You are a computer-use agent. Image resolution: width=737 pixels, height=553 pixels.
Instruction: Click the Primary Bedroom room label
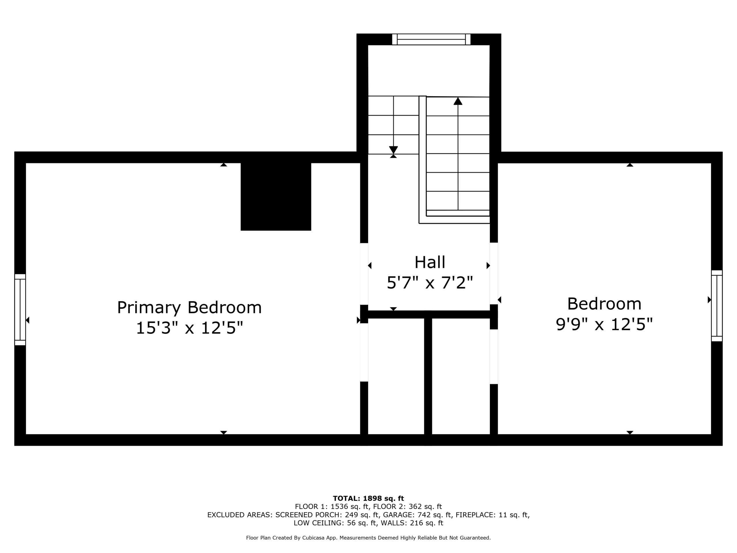tap(189, 308)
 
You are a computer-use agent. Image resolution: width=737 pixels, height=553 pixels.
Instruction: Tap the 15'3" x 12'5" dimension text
tap(189, 328)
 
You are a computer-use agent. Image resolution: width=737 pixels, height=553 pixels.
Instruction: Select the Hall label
tap(430, 262)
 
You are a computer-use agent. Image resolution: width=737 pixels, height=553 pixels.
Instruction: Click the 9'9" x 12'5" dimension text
tap(604, 324)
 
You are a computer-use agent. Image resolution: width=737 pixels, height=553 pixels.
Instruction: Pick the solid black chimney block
tap(276, 196)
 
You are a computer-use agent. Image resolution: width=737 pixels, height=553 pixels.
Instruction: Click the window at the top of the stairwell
tap(431, 39)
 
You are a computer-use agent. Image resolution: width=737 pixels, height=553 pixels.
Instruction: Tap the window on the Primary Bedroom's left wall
tap(20, 310)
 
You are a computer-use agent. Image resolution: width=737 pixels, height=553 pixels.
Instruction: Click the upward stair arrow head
tap(458, 101)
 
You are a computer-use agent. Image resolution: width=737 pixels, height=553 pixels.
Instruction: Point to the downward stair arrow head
tap(394, 150)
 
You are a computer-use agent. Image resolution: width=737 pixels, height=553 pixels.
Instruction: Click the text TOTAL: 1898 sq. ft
tap(368, 498)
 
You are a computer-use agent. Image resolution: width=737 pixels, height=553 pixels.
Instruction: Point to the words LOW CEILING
tap(318, 523)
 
